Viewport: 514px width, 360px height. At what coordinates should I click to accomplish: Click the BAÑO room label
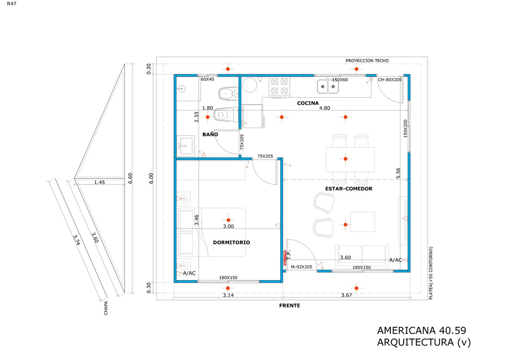pyautogui.click(x=210, y=135)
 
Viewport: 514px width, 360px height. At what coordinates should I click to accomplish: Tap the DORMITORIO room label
pyautogui.click(x=231, y=243)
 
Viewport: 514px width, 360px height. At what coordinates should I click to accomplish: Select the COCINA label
pyautogui.click(x=308, y=103)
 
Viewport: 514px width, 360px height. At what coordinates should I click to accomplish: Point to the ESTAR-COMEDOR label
pyautogui.click(x=349, y=188)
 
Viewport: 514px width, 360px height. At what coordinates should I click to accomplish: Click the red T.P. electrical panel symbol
pyautogui.click(x=285, y=257)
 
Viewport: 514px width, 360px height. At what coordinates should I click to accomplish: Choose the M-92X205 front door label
pyautogui.click(x=302, y=267)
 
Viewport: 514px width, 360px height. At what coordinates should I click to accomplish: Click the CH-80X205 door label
pyautogui.click(x=390, y=80)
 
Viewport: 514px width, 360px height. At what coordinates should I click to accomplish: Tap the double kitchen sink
pyautogui.click(x=328, y=86)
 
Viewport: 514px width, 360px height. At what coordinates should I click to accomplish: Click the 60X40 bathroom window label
pyautogui.click(x=207, y=80)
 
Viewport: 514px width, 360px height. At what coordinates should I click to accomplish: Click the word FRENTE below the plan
pyautogui.click(x=290, y=306)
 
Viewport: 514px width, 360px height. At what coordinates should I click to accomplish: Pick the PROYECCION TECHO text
pyautogui.click(x=367, y=61)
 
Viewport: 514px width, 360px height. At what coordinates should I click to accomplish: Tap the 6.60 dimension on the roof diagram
pyautogui.click(x=129, y=178)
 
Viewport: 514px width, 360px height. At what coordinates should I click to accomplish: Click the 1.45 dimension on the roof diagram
pyautogui.click(x=99, y=182)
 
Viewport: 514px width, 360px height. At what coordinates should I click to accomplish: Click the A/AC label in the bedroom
pyautogui.click(x=189, y=273)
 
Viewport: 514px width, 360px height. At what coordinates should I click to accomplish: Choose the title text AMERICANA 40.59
pyautogui.click(x=422, y=331)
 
